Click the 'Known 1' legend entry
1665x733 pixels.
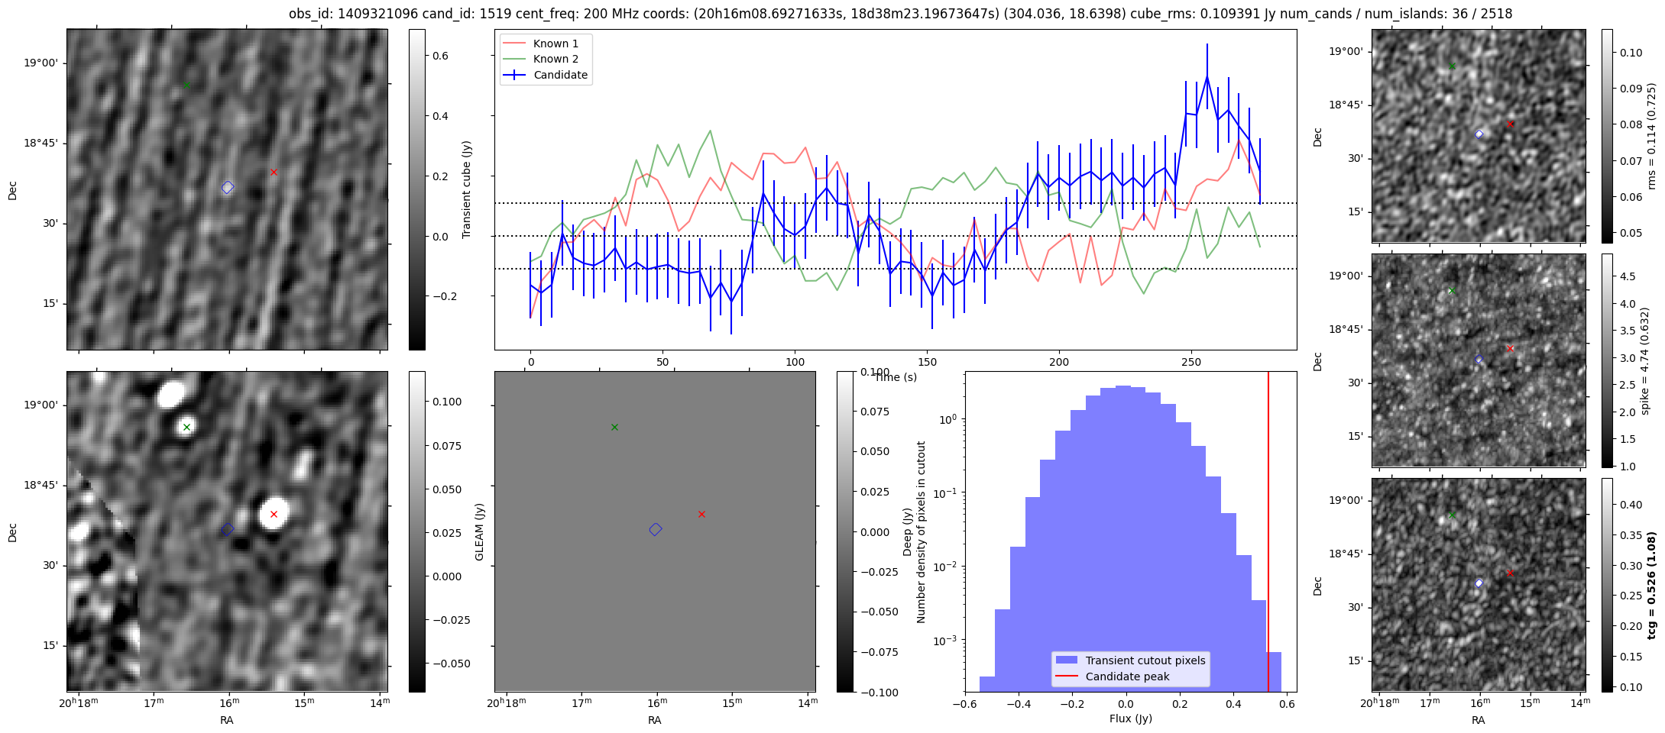tap(555, 44)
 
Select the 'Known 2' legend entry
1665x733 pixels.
tap(555, 59)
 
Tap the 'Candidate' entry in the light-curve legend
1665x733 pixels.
tap(560, 75)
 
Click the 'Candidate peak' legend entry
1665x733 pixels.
tap(1127, 676)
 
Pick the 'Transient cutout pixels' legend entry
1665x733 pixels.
tap(1145, 660)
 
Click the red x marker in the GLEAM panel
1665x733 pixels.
tap(701, 514)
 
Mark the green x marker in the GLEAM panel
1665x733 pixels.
tap(614, 427)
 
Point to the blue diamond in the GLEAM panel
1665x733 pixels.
tap(656, 529)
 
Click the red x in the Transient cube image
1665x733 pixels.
tap(274, 172)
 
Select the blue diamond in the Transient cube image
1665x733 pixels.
tap(228, 187)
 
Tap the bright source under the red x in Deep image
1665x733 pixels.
tap(274, 514)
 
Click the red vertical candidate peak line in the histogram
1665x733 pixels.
tap(1268, 534)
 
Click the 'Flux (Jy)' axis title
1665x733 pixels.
tap(1130, 718)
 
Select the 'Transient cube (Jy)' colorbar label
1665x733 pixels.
tap(467, 189)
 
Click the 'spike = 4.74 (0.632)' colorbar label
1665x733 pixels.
tap(1645, 360)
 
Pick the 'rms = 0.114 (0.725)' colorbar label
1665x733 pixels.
tap(1650, 136)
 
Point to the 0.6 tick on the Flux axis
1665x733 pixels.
tap(1287, 703)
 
